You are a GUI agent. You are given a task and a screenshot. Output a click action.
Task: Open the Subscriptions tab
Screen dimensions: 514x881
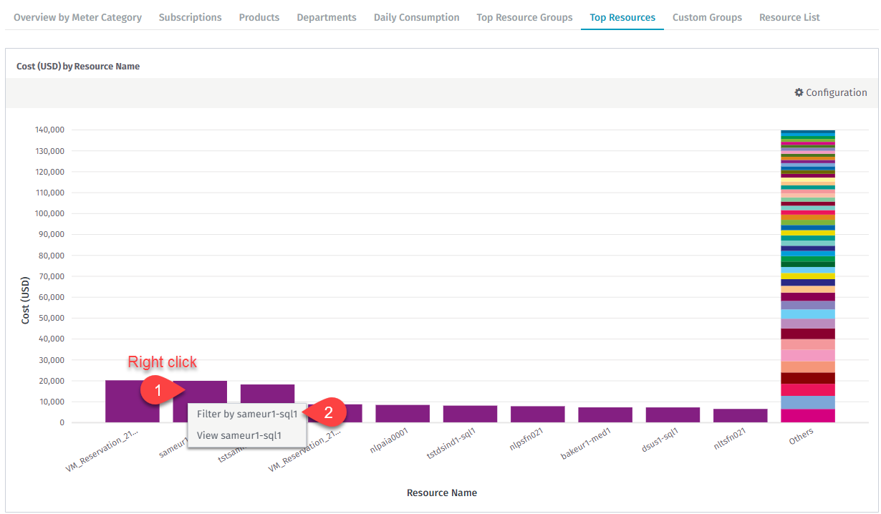coord(190,17)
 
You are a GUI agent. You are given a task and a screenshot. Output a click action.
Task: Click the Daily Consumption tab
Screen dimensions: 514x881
coord(416,17)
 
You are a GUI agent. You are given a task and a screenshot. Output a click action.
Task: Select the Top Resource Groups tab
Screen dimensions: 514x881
coord(524,17)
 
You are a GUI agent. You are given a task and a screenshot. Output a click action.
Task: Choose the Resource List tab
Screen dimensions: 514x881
coord(789,17)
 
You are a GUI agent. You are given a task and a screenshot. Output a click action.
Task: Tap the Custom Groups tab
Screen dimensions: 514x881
coord(707,17)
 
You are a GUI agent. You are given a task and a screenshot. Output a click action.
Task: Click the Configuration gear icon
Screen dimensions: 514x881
coord(799,92)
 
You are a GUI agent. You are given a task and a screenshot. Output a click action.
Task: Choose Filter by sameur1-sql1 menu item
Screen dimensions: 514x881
coord(247,414)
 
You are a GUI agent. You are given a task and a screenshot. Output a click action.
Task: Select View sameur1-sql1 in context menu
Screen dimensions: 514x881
coord(239,435)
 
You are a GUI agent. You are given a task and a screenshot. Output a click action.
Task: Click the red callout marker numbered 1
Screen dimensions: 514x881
coord(160,392)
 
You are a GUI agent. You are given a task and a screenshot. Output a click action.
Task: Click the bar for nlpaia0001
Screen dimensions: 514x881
coord(403,414)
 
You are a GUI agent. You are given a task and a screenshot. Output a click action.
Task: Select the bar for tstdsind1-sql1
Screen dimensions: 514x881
coord(470,414)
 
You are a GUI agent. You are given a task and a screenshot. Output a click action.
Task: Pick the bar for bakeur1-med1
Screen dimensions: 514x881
coord(605,414)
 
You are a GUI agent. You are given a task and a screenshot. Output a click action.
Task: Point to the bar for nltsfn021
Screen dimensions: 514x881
coord(741,415)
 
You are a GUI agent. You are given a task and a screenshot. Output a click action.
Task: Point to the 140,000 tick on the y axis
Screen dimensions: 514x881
coord(49,130)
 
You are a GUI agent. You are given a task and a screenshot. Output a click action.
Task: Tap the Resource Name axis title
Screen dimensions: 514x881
coord(442,493)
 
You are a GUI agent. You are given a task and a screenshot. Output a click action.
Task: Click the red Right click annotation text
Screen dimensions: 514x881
coord(162,362)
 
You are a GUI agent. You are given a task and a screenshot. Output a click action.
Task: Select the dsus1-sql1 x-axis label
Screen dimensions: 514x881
coord(660,441)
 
